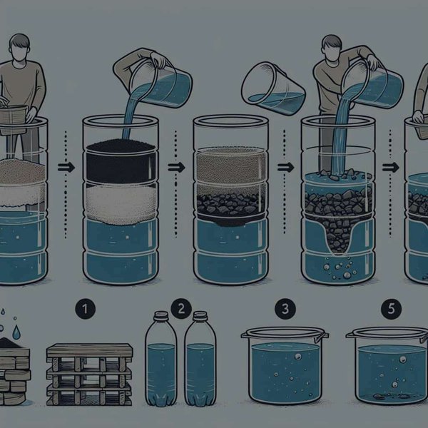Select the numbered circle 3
[x=285, y=310]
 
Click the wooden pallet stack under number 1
[x=89, y=374]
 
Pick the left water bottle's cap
[x=161, y=315]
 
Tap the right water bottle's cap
[x=200, y=315]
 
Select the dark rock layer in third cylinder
[x=231, y=205]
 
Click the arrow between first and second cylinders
[x=66, y=167]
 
